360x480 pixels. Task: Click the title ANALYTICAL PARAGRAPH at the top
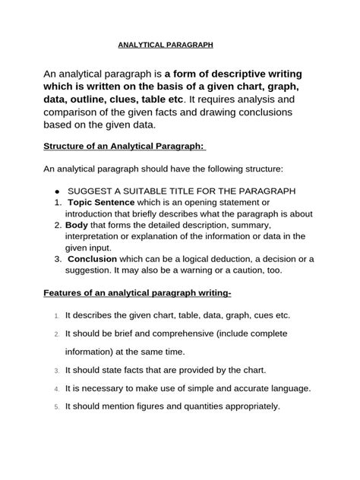[x=166, y=45]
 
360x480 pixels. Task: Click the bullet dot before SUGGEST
[x=57, y=191]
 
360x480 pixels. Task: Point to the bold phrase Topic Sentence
[x=101, y=203]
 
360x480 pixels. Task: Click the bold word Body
[x=76, y=226]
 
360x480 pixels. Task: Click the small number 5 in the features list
[x=57, y=406]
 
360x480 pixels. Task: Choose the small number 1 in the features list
[x=57, y=316]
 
